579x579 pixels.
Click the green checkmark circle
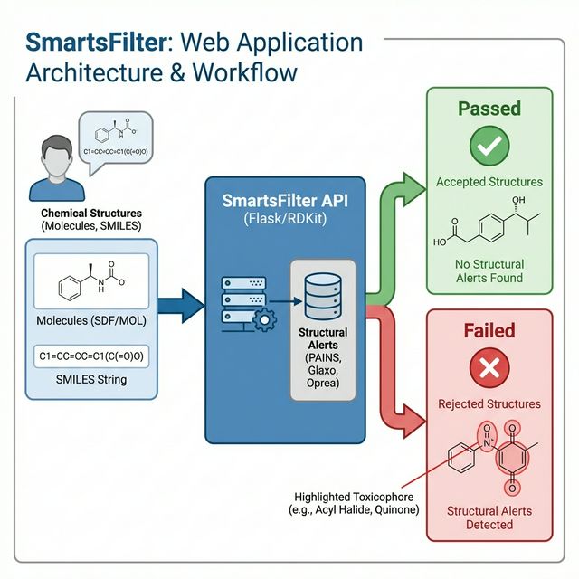pyautogui.click(x=489, y=145)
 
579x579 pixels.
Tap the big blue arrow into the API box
pyautogui.click(x=185, y=303)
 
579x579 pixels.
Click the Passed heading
pyautogui.click(x=489, y=109)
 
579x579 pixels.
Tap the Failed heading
pyautogui.click(x=489, y=331)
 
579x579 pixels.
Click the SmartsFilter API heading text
pyautogui.click(x=286, y=199)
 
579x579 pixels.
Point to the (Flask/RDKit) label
pyautogui.click(x=286, y=219)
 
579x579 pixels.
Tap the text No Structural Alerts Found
pyautogui.click(x=489, y=271)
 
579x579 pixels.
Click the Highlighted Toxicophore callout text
pyautogui.click(x=356, y=503)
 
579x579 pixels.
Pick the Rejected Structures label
pyautogui.click(x=489, y=403)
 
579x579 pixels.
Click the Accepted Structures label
pyautogui.click(x=489, y=182)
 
